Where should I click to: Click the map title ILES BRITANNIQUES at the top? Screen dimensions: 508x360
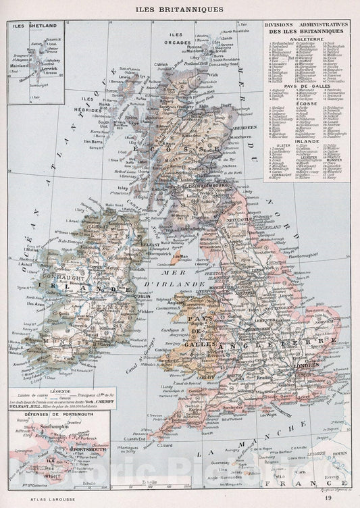[180, 10]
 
